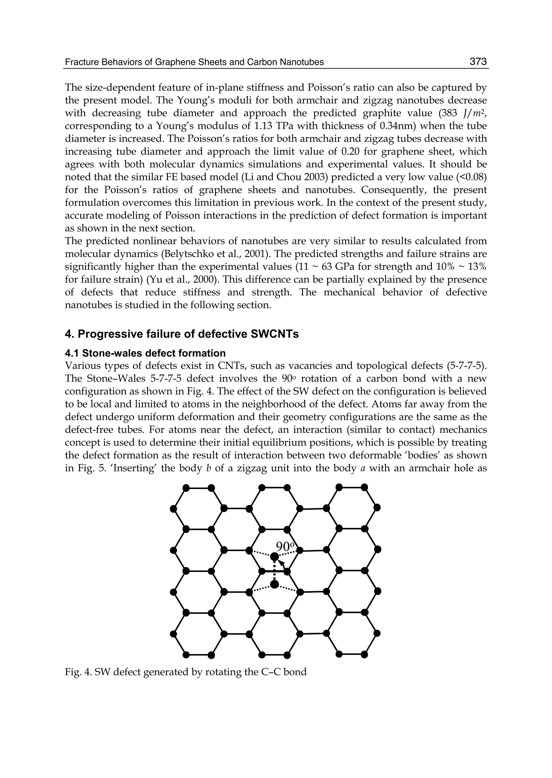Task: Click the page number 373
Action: pos(478,62)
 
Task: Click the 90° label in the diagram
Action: pos(285,547)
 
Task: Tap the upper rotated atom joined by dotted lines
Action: pos(274,557)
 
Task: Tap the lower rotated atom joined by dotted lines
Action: pos(274,584)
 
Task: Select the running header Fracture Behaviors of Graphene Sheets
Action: pos(194,62)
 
